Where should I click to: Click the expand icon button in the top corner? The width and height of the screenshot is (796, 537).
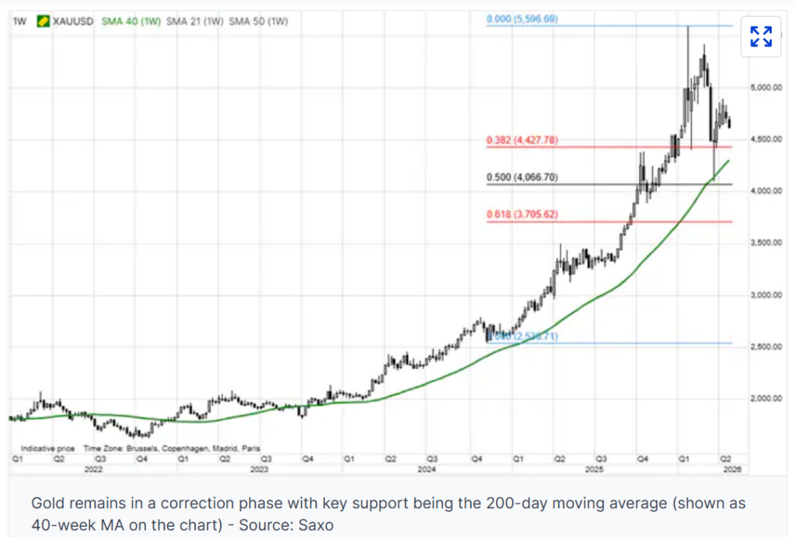pos(760,36)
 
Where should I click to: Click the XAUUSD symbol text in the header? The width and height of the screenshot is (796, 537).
pos(73,21)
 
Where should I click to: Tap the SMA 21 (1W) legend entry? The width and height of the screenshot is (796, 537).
pos(194,21)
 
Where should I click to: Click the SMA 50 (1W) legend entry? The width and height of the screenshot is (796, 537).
pos(258,21)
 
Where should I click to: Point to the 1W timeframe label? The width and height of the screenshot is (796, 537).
pos(19,21)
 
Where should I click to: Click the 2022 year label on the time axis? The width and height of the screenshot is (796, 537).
pos(94,469)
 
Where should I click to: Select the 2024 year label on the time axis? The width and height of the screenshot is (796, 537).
pos(427,469)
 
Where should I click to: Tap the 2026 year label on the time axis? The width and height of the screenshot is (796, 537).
pos(732,469)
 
